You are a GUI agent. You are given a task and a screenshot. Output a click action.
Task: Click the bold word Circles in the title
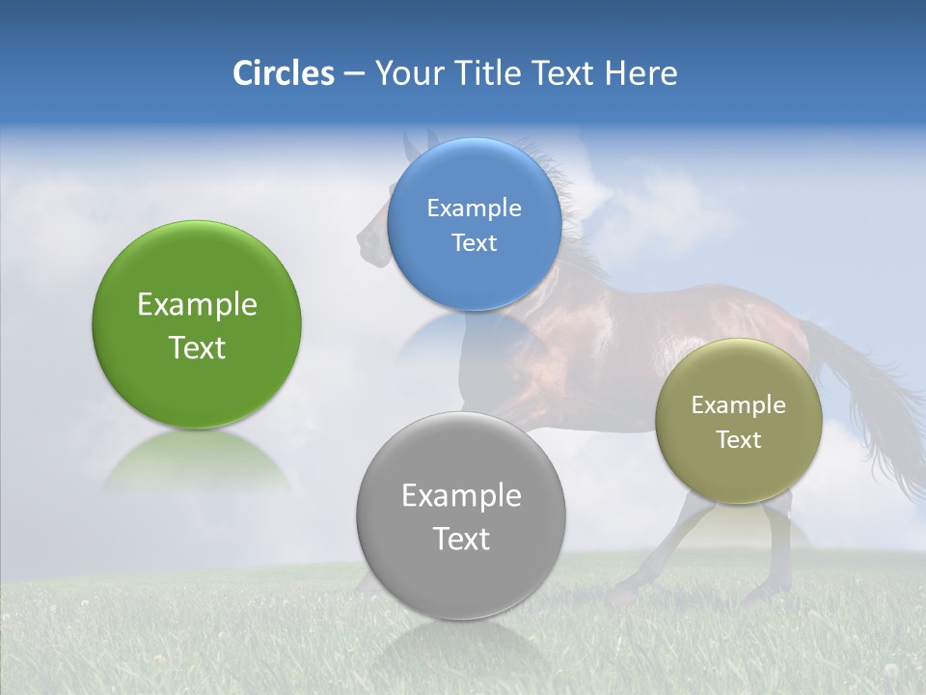coord(283,73)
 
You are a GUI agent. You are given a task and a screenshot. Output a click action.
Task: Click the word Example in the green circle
coord(197,305)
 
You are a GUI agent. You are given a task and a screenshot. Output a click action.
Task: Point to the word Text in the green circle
coord(197,347)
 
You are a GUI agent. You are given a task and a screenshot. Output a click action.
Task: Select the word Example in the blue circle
coord(474,208)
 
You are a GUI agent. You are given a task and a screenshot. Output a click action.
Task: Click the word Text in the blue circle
coord(474,243)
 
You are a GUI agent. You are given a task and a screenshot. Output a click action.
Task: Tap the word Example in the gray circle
coord(461,496)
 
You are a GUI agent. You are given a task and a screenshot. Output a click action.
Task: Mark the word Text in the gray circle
coord(461,539)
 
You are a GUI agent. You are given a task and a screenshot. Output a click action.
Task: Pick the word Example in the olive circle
coord(739,405)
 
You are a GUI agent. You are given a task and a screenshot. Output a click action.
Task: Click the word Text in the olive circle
coord(739,440)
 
